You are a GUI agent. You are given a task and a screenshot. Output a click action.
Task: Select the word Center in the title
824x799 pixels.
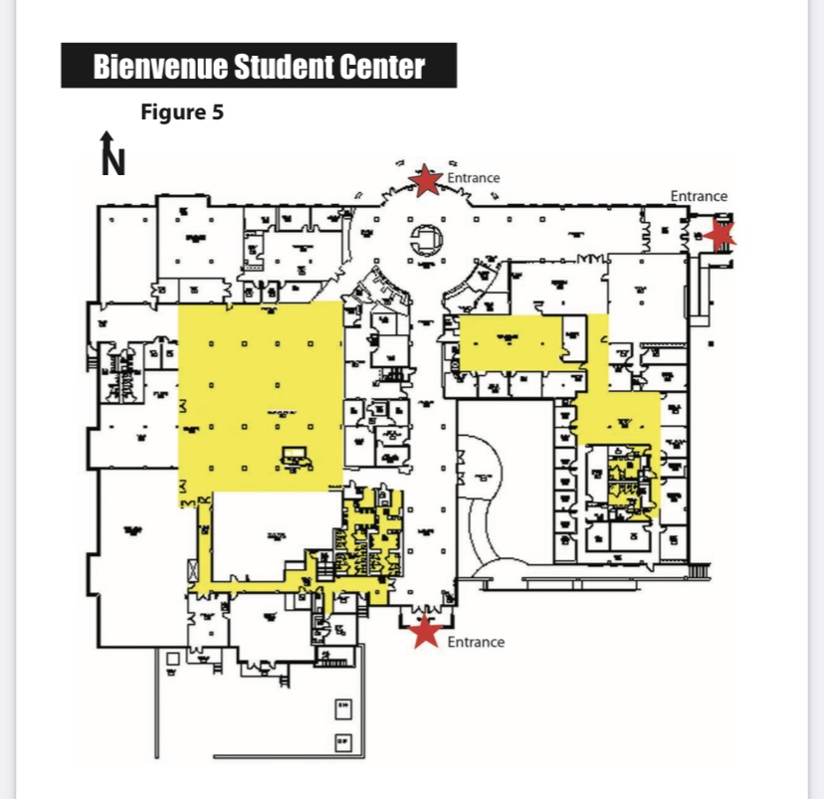point(384,68)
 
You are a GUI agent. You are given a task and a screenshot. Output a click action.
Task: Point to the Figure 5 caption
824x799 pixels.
point(182,112)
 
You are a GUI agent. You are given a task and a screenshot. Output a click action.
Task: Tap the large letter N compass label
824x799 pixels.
point(115,160)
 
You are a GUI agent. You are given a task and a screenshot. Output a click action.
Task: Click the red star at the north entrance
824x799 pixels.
point(426,180)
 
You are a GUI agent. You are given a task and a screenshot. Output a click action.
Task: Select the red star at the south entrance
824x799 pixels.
point(426,630)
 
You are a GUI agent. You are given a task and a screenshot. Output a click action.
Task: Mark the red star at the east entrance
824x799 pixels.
point(721,234)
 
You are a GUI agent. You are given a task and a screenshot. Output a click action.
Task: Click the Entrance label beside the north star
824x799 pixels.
point(474,178)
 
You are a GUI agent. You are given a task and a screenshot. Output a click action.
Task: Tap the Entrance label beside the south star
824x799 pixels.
point(476,642)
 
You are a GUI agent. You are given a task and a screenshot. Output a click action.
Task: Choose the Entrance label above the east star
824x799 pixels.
point(699,196)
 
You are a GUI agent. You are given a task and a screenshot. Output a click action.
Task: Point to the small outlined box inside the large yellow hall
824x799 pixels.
point(295,457)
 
